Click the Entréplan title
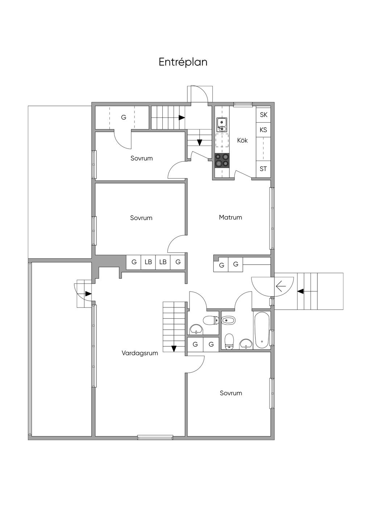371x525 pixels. click(x=183, y=62)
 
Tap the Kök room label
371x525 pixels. click(x=242, y=140)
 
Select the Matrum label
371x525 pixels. click(x=230, y=217)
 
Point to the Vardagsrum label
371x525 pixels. click(x=140, y=353)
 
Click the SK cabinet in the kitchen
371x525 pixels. click(x=263, y=115)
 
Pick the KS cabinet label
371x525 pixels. click(x=263, y=129)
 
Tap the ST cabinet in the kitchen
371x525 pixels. click(x=263, y=169)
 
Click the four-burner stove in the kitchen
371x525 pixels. click(x=222, y=161)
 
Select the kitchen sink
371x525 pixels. click(x=222, y=125)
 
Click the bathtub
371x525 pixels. click(x=262, y=330)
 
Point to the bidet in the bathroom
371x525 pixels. click(x=228, y=320)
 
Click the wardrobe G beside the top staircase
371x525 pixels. click(x=124, y=117)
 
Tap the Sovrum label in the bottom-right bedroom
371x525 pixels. click(x=231, y=393)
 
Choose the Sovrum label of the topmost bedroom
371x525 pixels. click(x=141, y=158)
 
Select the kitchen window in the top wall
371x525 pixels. click(x=243, y=104)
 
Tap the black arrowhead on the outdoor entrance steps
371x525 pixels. click(x=300, y=292)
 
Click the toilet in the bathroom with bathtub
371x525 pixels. click(x=228, y=342)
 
